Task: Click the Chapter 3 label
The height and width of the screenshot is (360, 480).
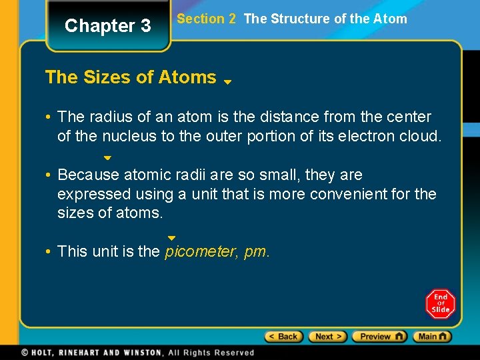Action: click(x=107, y=26)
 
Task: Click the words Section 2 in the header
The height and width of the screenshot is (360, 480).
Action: click(x=206, y=19)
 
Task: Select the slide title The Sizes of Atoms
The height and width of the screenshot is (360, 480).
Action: click(x=131, y=77)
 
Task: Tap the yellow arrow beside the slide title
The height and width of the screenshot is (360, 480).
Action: click(x=227, y=82)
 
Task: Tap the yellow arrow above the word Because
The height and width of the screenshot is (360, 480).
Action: click(x=107, y=159)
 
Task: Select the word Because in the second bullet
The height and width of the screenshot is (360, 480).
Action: click(x=88, y=175)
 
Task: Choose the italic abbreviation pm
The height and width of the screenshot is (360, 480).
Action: click(x=257, y=252)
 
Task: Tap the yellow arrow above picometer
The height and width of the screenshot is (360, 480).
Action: click(x=171, y=238)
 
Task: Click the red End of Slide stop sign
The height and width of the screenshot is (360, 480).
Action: click(x=440, y=304)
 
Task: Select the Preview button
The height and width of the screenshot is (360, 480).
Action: click(x=379, y=337)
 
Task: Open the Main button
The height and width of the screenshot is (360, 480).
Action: click(x=432, y=337)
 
